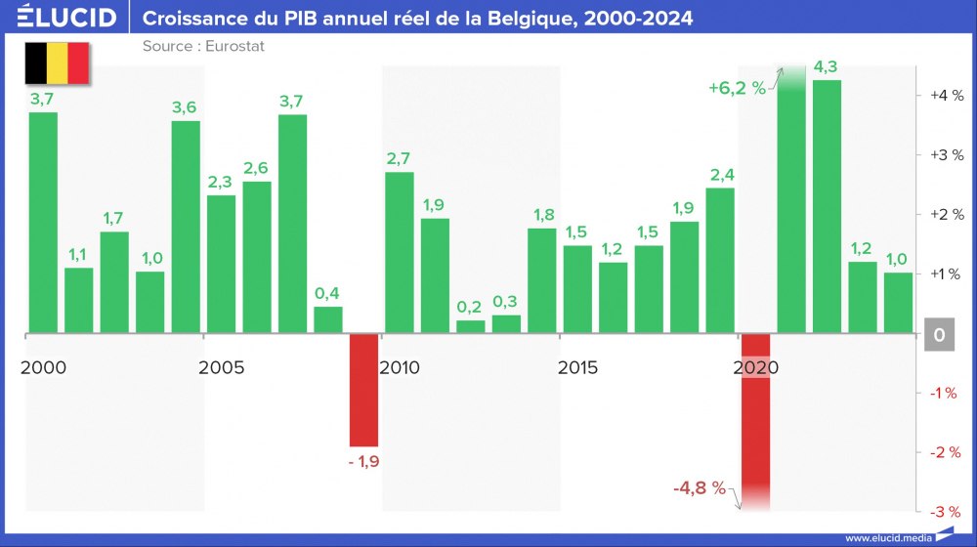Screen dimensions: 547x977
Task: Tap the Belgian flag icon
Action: [57, 63]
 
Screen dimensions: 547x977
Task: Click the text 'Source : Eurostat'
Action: [203, 46]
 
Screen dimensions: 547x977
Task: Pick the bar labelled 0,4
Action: [328, 319]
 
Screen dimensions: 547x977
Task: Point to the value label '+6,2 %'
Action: [738, 87]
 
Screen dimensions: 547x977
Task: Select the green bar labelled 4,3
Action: [827, 206]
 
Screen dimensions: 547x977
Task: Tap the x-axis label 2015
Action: [577, 368]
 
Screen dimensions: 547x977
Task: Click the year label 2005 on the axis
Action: [221, 368]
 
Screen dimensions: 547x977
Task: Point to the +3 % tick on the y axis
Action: [946, 154]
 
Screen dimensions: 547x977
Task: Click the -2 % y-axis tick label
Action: [946, 452]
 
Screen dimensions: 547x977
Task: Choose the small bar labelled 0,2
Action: [471, 326]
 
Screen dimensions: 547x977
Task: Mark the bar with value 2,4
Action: [720, 260]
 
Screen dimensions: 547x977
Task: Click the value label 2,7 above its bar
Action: [399, 158]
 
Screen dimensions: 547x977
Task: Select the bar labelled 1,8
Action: [542, 280]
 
